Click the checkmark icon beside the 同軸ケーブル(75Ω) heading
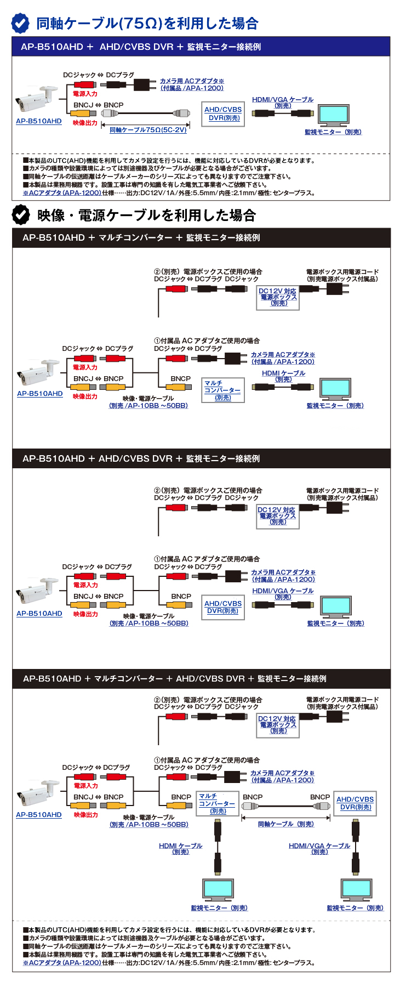click(x=21, y=23)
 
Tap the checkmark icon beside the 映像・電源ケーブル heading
click(x=21, y=215)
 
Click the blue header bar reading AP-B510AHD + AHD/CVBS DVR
click(x=201, y=47)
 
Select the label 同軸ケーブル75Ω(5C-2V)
click(x=148, y=130)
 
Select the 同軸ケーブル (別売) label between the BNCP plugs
click(x=285, y=824)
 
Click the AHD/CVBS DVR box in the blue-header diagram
click(x=223, y=114)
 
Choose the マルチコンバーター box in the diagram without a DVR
click(x=222, y=390)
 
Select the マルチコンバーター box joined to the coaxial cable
click(x=218, y=803)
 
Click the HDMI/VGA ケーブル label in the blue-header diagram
click(x=283, y=102)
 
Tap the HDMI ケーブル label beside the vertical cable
click(x=180, y=848)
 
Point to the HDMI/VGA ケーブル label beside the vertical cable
click(x=319, y=848)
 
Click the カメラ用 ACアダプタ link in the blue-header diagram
click(x=192, y=84)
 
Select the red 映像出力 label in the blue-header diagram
click(x=85, y=123)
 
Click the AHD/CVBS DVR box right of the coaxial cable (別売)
click(x=355, y=803)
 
